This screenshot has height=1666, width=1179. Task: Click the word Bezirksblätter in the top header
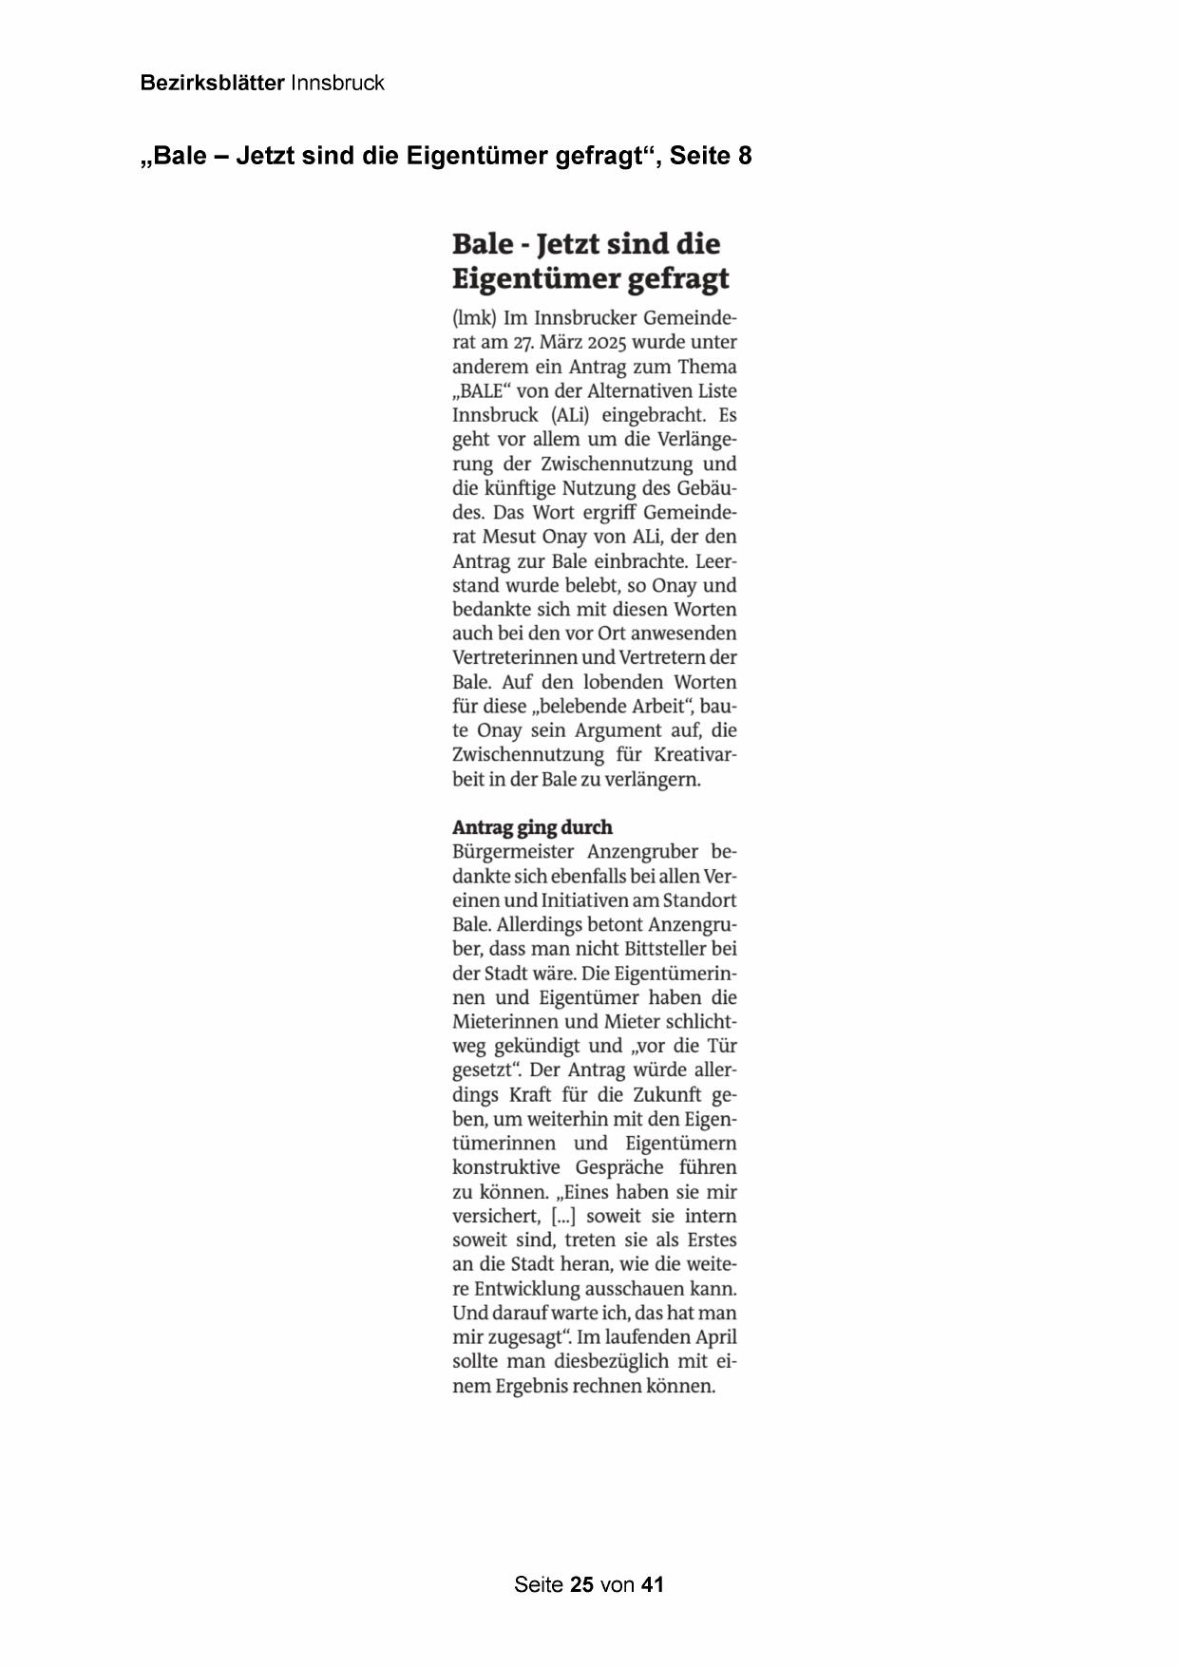(x=212, y=84)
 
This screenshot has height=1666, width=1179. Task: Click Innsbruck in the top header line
(x=337, y=84)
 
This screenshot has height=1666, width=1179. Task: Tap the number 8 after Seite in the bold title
(x=745, y=156)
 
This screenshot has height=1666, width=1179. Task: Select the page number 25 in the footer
(x=581, y=1584)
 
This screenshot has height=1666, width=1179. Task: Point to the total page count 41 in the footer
(x=653, y=1584)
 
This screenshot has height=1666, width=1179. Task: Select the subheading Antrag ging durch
(x=532, y=827)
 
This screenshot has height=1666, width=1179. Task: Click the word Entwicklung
(x=525, y=1289)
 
